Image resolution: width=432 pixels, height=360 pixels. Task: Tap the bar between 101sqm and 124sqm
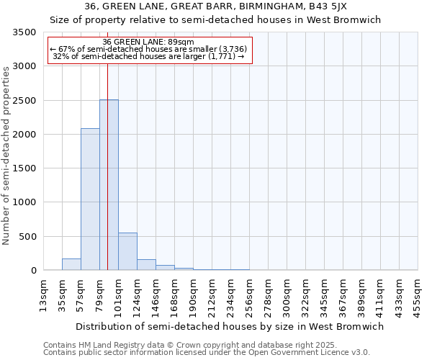[127, 251]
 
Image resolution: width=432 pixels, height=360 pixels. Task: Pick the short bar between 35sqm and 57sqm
[71, 264]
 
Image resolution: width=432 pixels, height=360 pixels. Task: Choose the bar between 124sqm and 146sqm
[146, 265]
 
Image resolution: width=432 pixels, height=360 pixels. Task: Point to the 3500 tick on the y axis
[24, 33]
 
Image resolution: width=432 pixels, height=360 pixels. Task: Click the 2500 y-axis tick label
[24, 101]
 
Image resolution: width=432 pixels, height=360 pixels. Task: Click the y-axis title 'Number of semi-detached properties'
[6, 156]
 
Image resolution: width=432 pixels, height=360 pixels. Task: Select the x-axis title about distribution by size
[230, 326]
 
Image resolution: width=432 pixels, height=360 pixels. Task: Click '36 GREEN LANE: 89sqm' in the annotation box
[148, 42]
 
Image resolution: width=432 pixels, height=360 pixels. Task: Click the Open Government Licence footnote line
[207, 353]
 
